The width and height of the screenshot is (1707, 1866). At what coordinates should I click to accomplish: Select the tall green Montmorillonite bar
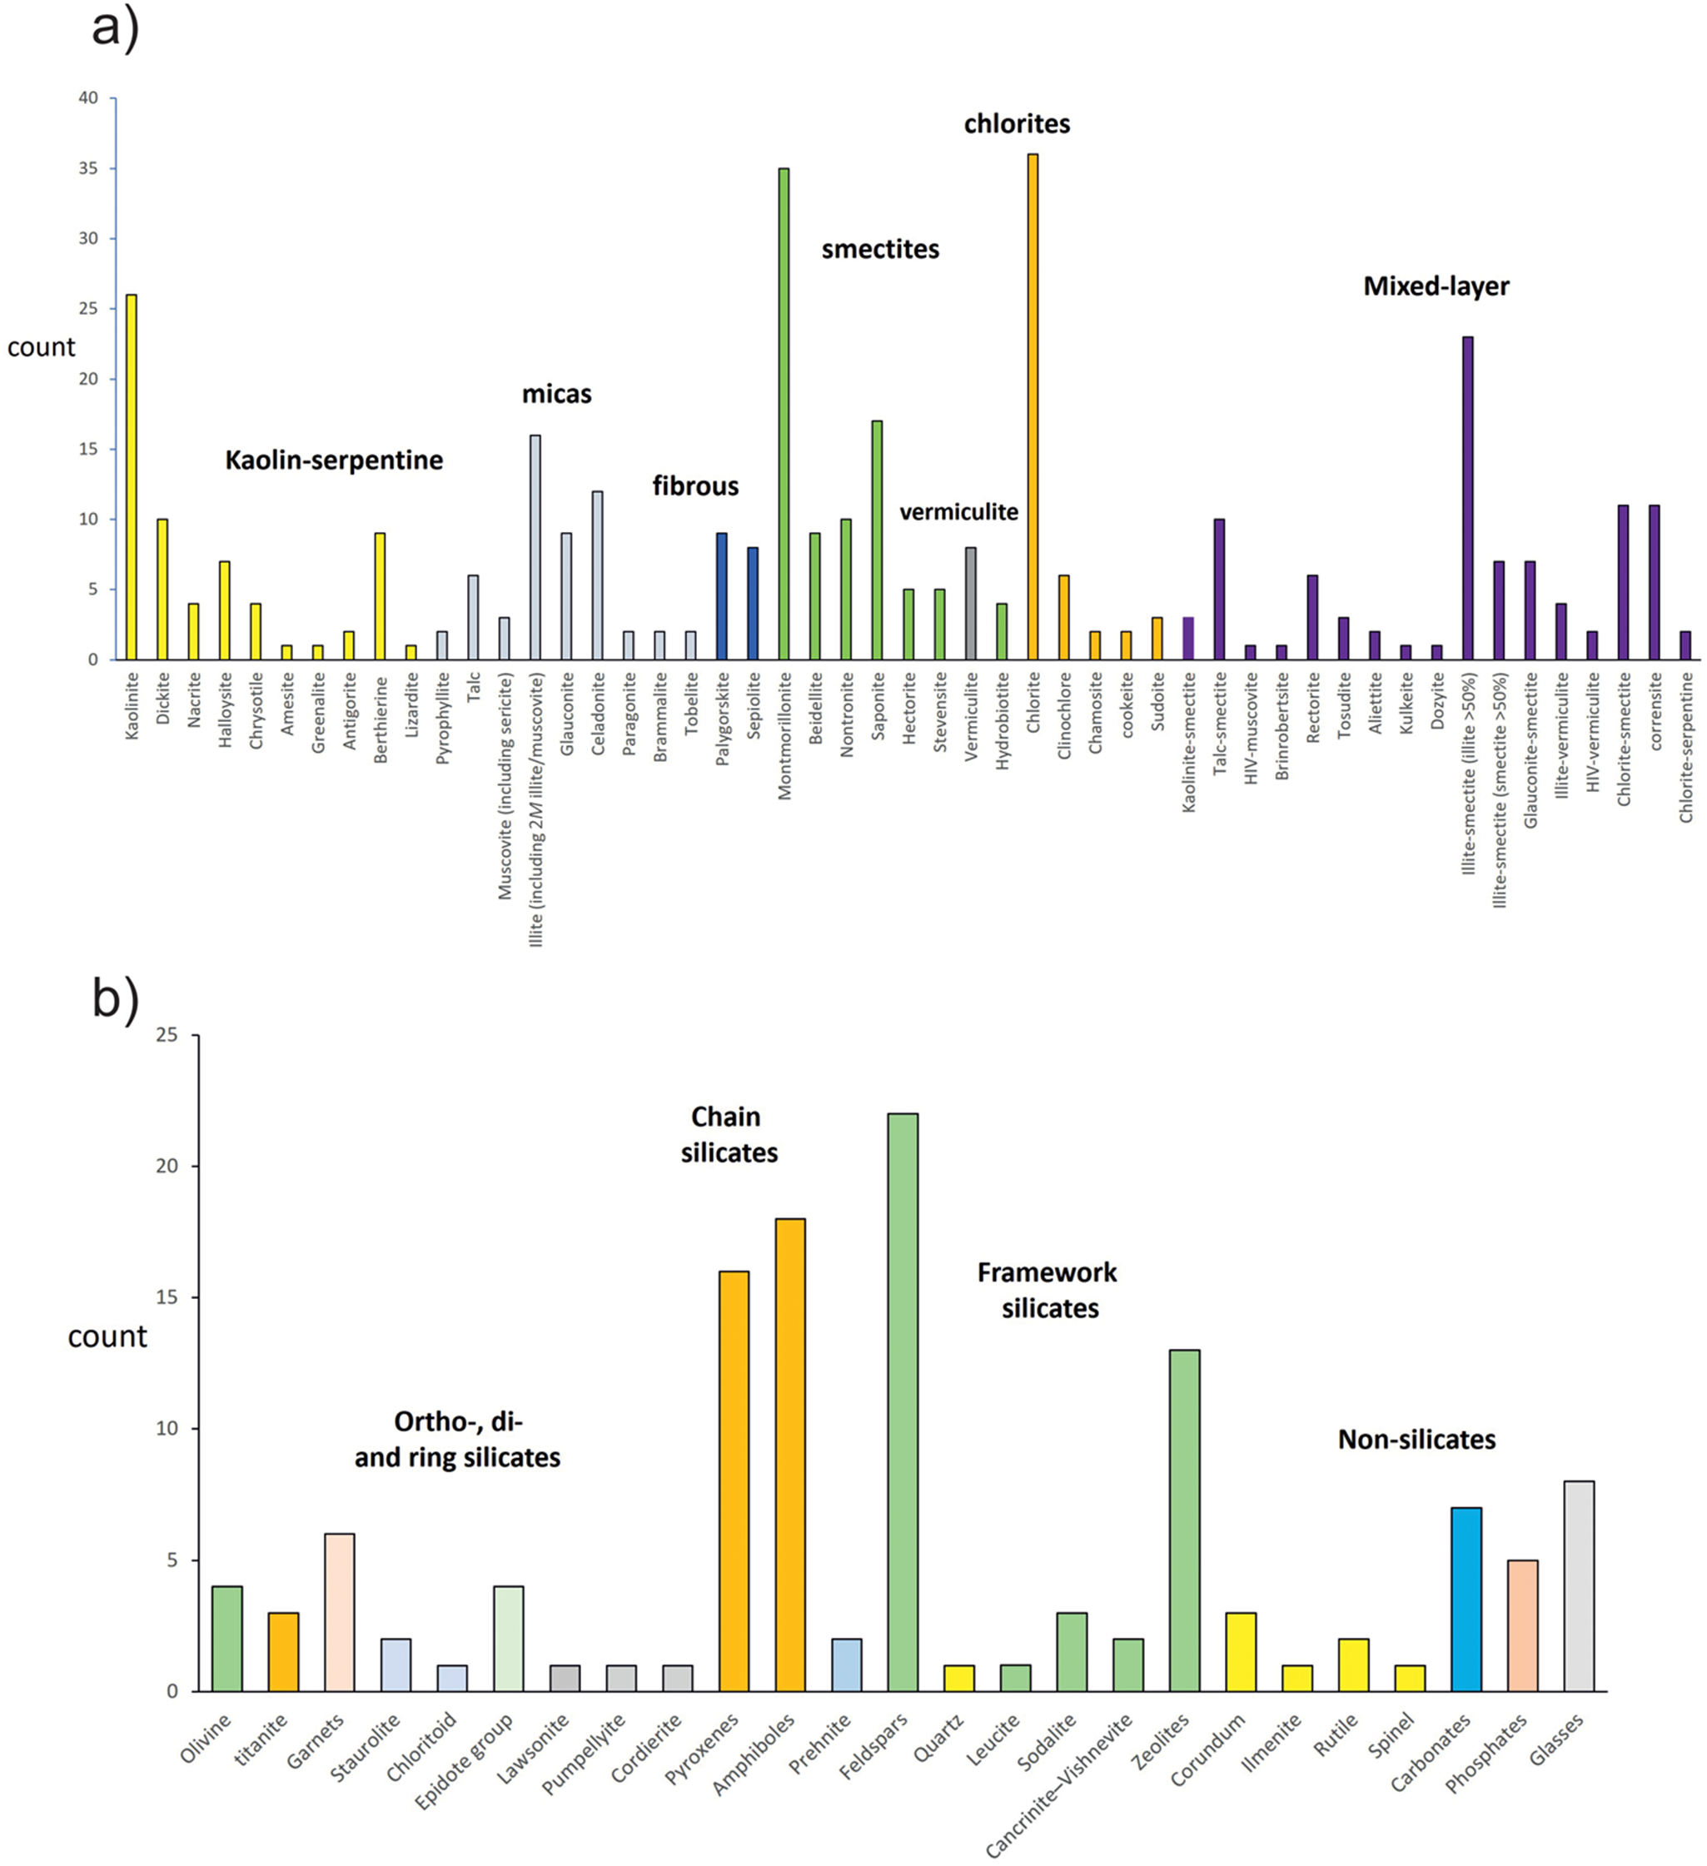pyautogui.click(x=784, y=414)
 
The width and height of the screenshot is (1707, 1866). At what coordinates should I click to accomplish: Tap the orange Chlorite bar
pyautogui.click(x=1033, y=406)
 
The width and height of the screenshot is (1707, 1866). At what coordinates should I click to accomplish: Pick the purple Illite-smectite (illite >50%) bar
pyautogui.click(x=1468, y=498)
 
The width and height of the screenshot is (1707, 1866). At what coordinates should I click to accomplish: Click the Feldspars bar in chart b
pyautogui.click(x=903, y=1402)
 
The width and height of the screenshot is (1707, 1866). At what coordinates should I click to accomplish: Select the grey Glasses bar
pyautogui.click(x=1580, y=1586)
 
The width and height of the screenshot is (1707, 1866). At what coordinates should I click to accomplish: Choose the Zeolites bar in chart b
pyautogui.click(x=1185, y=1520)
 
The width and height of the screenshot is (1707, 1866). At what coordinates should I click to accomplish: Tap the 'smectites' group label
pyautogui.click(x=880, y=249)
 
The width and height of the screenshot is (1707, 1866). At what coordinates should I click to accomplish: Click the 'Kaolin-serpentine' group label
pyautogui.click(x=334, y=460)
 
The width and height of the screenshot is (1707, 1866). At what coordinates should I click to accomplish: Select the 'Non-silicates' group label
pyautogui.click(x=1417, y=1440)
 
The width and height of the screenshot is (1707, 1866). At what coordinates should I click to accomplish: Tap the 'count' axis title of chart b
pyautogui.click(x=107, y=1336)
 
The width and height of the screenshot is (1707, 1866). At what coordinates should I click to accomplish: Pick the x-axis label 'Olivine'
pyautogui.click(x=206, y=1739)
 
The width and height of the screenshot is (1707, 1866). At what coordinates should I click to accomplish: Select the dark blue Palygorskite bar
pyautogui.click(x=722, y=596)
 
